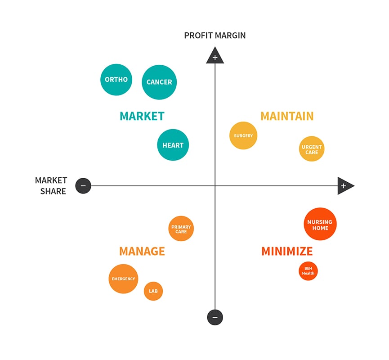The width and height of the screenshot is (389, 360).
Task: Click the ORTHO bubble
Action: coord(116,80)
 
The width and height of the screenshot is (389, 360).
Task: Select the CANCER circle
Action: coord(159,82)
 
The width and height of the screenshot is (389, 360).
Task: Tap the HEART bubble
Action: coord(173,145)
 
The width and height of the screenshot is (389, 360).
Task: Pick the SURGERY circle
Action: coord(243,135)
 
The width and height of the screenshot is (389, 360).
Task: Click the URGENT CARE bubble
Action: coord(312,148)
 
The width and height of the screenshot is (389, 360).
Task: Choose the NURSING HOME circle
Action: coord(320,224)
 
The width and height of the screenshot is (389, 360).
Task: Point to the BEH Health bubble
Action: coord(308,271)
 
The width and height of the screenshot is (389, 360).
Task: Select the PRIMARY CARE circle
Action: coord(181,229)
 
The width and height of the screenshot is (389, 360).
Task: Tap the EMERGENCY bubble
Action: coord(123,279)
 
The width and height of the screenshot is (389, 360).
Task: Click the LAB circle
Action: coord(153,291)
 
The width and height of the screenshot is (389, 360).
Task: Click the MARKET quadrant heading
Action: coord(142,116)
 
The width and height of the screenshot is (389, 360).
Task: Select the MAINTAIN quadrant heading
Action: coord(287,116)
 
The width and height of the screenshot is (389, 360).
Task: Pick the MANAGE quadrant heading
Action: coord(142,251)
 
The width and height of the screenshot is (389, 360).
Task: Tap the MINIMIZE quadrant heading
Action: coord(287,251)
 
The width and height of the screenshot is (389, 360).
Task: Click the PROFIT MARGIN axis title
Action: coord(215,36)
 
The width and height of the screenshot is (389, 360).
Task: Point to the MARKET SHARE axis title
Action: coord(51,186)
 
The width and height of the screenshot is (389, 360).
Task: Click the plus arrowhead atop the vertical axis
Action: coord(215,56)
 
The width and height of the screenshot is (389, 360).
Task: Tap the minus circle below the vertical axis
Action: coord(215,317)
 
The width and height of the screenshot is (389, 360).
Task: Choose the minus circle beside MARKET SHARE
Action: coord(83,186)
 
